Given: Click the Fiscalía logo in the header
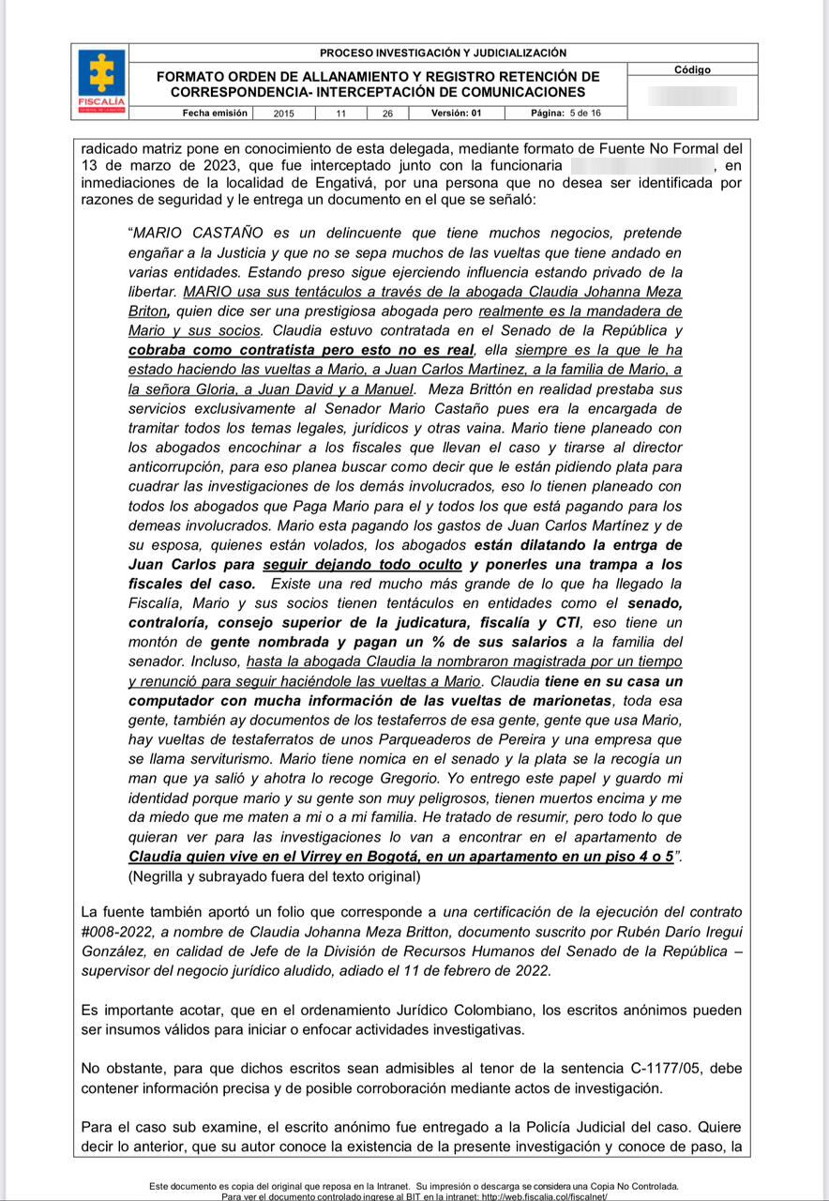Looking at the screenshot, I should (x=101, y=82).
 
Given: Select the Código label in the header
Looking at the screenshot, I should (x=692, y=69).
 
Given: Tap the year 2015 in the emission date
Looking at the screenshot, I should (x=283, y=114).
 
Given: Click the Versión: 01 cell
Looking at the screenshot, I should (x=457, y=113).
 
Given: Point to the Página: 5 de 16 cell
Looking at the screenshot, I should (x=565, y=113).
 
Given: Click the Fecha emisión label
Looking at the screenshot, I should (x=216, y=113).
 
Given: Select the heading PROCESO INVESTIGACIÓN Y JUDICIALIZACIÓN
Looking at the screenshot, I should (x=443, y=53).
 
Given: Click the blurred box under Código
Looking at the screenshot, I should (x=692, y=96).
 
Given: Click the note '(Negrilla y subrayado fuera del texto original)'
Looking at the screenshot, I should (x=275, y=877).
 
